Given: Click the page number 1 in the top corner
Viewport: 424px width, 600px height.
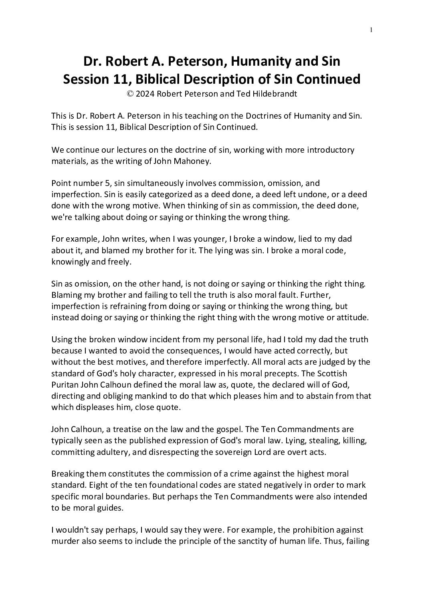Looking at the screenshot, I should [x=372, y=30].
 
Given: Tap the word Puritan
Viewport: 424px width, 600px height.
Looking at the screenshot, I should [x=65, y=385].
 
